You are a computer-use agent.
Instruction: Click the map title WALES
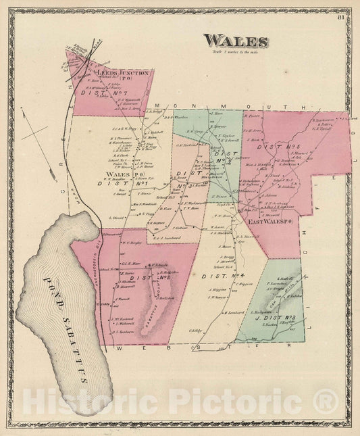point(236,42)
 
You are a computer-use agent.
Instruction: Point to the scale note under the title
point(236,53)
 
